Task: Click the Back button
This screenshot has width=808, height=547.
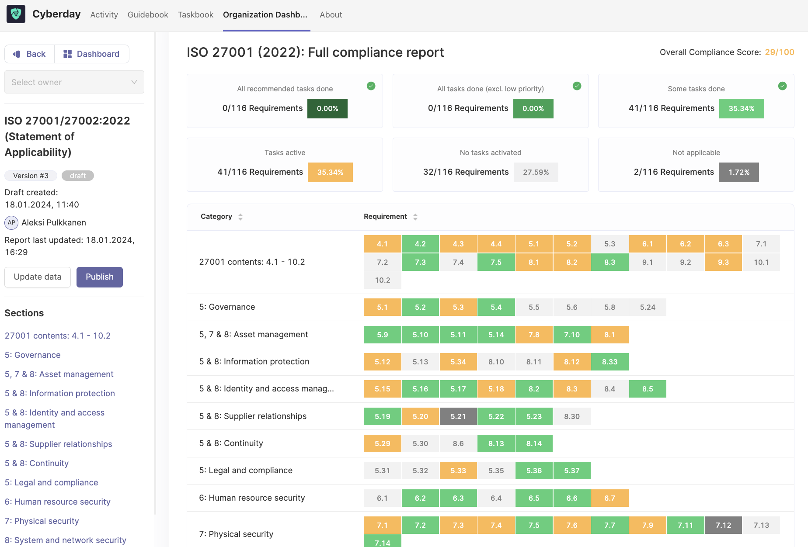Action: pos(30,54)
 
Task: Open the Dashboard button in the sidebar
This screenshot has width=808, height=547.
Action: pos(91,54)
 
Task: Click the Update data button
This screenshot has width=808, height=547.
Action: pos(38,277)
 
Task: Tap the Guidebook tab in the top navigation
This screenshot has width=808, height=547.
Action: pos(148,15)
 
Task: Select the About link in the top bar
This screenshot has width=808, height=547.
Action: pos(331,15)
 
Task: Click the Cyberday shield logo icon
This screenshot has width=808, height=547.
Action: pos(16,14)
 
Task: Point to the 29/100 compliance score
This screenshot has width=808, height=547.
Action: pos(779,52)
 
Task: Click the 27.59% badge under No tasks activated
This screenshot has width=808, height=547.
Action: pos(536,172)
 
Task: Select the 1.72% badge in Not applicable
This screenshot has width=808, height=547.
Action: pos(738,172)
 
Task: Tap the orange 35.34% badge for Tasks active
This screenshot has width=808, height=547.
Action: pos(330,172)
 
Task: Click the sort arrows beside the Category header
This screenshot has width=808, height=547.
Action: pos(240,217)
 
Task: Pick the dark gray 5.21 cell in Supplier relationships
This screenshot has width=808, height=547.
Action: pos(458,416)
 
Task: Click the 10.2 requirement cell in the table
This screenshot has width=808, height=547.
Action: pos(383,280)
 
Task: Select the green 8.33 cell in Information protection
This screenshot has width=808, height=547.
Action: pos(609,362)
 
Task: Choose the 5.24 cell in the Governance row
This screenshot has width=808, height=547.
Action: pos(648,307)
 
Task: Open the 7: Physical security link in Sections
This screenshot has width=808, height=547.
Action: pos(42,521)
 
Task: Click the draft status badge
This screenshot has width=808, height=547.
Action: pos(78,176)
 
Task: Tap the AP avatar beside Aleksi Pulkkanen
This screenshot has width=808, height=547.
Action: pos(11,222)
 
